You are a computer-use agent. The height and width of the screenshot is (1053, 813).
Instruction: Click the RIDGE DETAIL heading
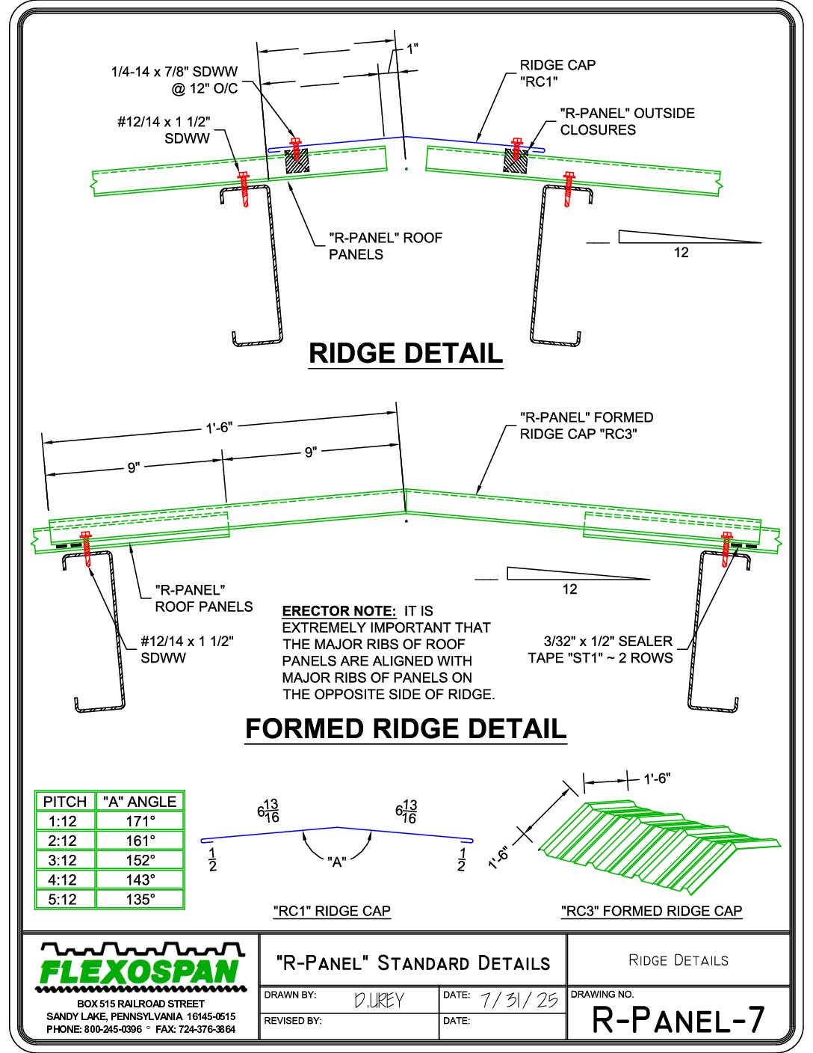pos(406,353)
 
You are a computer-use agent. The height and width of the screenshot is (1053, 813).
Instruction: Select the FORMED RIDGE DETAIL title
pos(406,729)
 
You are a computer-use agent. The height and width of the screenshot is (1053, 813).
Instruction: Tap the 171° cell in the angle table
pos(140,821)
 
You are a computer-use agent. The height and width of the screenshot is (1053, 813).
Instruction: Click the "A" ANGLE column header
pos(140,802)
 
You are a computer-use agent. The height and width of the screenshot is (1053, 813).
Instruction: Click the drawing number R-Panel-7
pos(678,1019)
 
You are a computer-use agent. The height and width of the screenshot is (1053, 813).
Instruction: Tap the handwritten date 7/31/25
pos(519,1000)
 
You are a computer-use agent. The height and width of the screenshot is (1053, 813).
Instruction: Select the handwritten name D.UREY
pos(379,1000)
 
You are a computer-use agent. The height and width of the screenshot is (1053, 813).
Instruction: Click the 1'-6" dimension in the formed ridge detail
pos(220,427)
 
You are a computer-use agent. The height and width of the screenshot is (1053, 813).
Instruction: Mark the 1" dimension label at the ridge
pos(412,49)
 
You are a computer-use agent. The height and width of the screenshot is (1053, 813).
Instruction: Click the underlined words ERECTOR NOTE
pos(339,610)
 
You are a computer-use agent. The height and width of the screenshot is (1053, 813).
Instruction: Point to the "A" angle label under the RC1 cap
pos(336,862)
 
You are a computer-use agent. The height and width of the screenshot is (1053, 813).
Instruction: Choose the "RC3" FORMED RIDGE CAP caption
pos(652,911)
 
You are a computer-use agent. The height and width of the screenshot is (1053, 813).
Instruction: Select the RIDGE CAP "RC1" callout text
pos(558,73)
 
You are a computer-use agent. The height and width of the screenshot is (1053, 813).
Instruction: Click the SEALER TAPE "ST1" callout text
pos(601,649)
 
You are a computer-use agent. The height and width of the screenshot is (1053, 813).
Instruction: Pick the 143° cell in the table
pos(140,879)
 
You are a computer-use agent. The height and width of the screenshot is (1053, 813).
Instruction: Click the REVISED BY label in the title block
pos(292,1021)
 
